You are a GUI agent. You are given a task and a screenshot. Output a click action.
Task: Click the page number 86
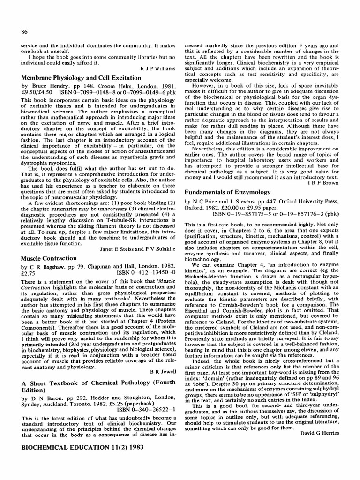pyautogui.click(x=25, y=31)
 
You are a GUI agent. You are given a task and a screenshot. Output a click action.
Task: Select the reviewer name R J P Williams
pyautogui.click(x=158, y=68)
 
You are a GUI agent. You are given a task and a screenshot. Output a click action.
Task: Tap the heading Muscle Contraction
pyautogui.click(x=49, y=258)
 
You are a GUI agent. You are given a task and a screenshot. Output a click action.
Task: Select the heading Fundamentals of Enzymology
pyautogui.click(x=227, y=192)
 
